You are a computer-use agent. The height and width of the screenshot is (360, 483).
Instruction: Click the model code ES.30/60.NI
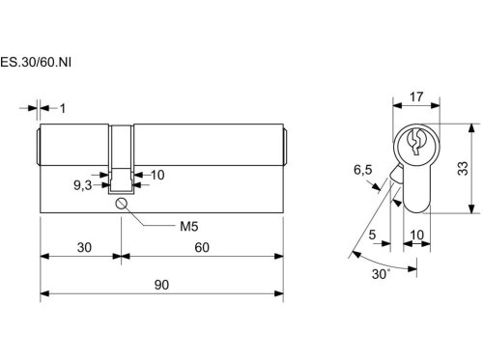[36, 62]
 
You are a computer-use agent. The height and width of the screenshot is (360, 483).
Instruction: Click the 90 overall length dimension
[161, 285]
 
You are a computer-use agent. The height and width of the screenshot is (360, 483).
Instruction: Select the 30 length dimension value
[84, 247]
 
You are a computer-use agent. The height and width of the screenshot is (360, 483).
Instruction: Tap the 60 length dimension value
[202, 247]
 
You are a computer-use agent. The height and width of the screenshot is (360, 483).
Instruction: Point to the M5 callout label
[189, 226]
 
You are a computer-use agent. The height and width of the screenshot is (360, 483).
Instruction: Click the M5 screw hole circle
[121, 204]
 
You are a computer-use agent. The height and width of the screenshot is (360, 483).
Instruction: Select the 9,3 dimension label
[83, 185]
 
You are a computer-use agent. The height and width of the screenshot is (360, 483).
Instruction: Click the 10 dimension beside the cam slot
[157, 175]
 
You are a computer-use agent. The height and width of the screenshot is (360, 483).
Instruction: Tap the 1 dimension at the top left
[63, 108]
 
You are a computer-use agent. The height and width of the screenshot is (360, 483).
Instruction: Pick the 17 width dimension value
[416, 97]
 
